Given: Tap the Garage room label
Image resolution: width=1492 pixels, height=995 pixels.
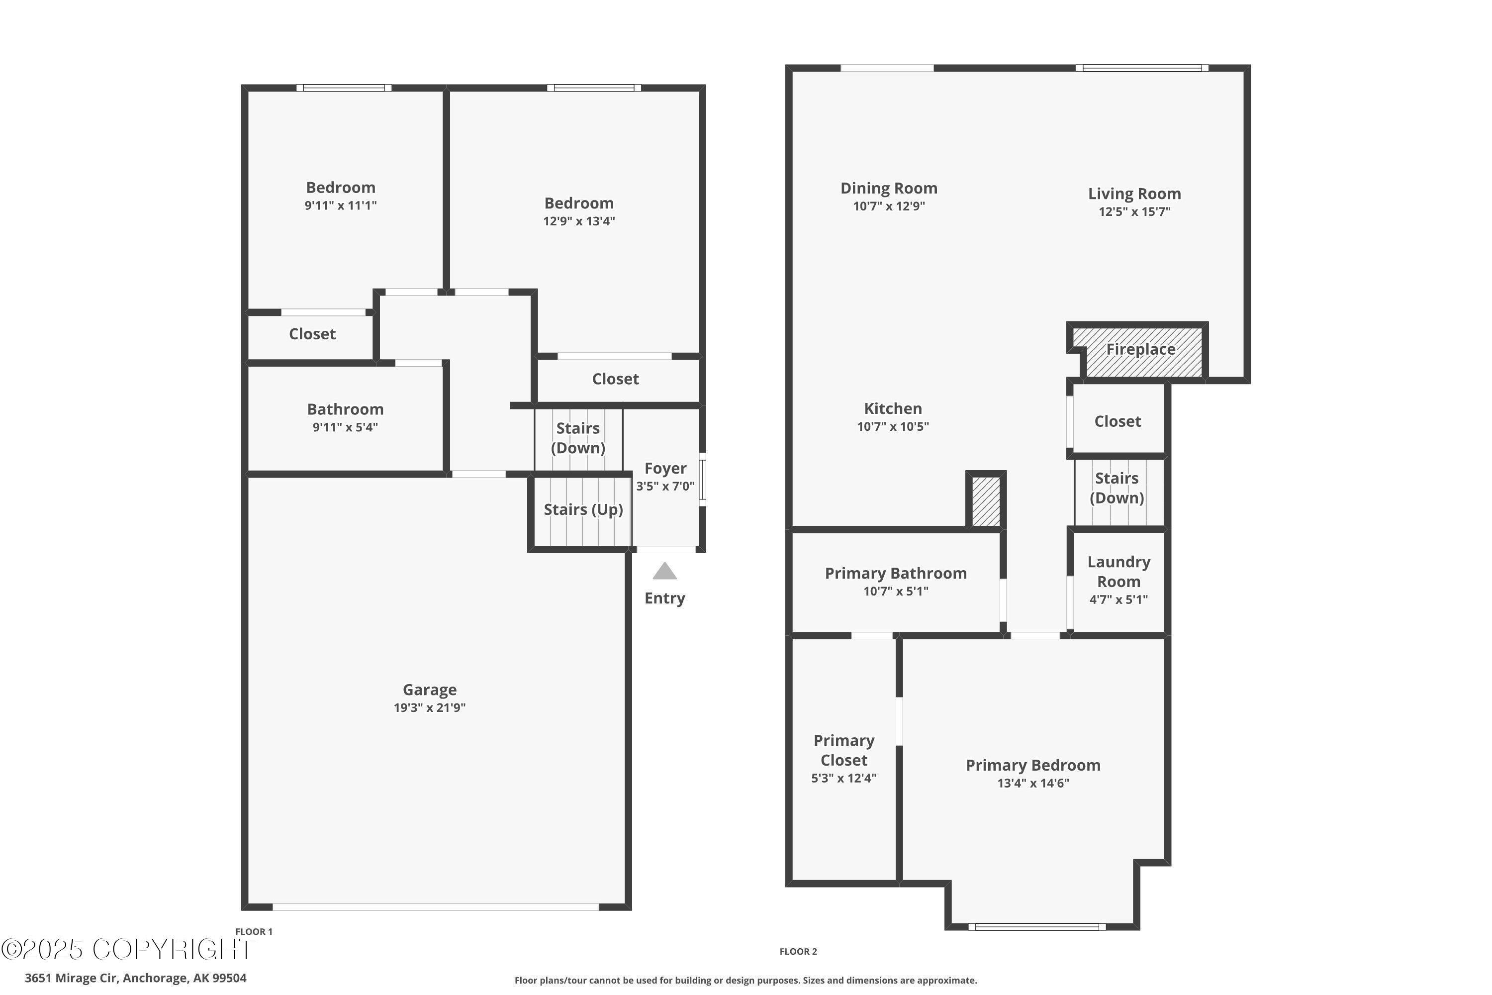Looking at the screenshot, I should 430,690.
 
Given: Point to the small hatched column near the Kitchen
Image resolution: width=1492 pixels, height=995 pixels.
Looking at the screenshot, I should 986,500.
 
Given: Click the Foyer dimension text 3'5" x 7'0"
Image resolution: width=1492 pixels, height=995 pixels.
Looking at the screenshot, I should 665,486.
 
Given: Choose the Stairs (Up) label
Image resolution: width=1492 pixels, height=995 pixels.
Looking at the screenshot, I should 583,509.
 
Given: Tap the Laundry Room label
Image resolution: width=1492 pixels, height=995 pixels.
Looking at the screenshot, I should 1119,571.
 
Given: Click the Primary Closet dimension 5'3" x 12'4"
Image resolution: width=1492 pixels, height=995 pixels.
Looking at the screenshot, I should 843,778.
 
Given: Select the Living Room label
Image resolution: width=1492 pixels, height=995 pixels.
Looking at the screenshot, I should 1134,194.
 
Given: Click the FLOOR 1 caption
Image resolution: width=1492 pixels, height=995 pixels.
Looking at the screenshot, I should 254,931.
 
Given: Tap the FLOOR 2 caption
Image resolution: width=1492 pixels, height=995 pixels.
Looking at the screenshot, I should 798,951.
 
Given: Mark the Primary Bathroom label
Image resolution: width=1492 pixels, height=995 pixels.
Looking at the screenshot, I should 896,573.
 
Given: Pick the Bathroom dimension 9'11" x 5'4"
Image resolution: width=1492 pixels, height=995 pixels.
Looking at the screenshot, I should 345,427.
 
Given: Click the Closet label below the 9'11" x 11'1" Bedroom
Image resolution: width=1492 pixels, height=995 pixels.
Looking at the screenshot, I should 312,334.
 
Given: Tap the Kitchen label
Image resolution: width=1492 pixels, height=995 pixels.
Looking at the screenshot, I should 893,408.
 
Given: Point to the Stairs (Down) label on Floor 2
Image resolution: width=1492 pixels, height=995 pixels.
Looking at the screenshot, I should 1117,488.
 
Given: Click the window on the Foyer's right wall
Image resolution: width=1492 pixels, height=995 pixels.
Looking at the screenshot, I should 702,479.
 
